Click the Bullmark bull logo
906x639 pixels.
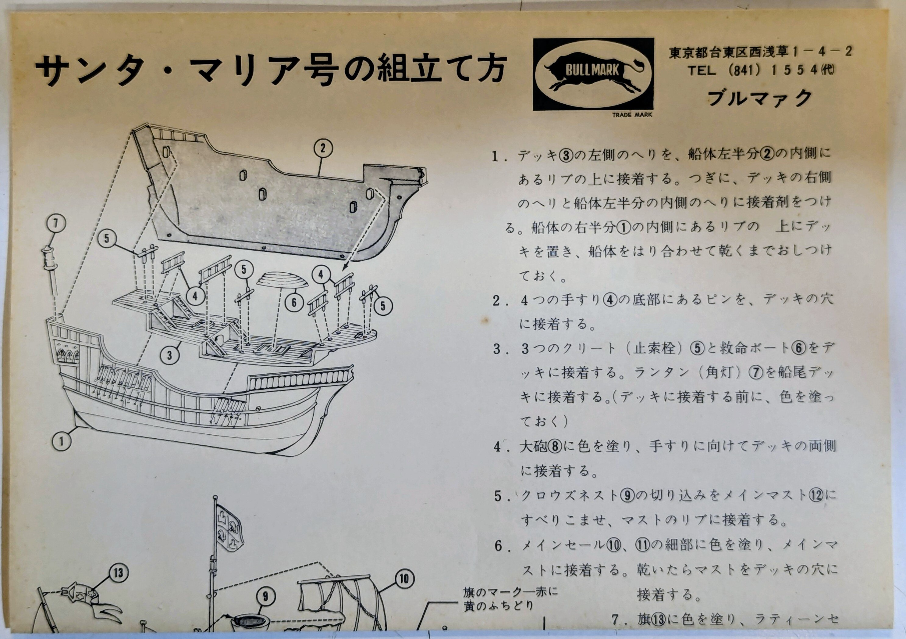(x=593, y=74)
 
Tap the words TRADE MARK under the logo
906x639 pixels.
(x=632, y=115)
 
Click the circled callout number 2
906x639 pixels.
(x=323, y=149)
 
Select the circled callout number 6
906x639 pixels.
(x=294, y=303)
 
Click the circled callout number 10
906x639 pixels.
(x=404, y=579)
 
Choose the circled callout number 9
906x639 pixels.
(x=265, y=596)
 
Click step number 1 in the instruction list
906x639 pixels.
(x=496, y=157)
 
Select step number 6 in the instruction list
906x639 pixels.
(x=499, y=546)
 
